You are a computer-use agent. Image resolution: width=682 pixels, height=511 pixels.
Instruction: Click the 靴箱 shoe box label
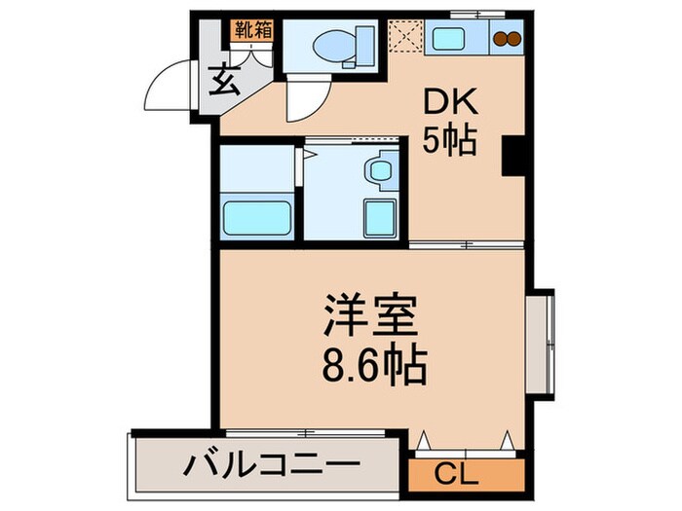[x=252, y=29]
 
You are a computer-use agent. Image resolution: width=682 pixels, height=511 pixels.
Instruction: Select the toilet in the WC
[x=328, y=43]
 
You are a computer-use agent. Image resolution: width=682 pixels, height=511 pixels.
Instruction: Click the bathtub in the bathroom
[x=256, y=215]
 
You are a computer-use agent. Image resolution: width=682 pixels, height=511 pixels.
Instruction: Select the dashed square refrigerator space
[x=402, y=40]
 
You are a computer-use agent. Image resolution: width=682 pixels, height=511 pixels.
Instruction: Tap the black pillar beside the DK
[x=512, y=157]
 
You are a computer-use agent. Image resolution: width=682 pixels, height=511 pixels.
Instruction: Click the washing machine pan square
[x=379, y=217]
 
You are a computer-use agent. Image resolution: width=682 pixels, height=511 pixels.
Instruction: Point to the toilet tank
[x=364, y=43]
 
